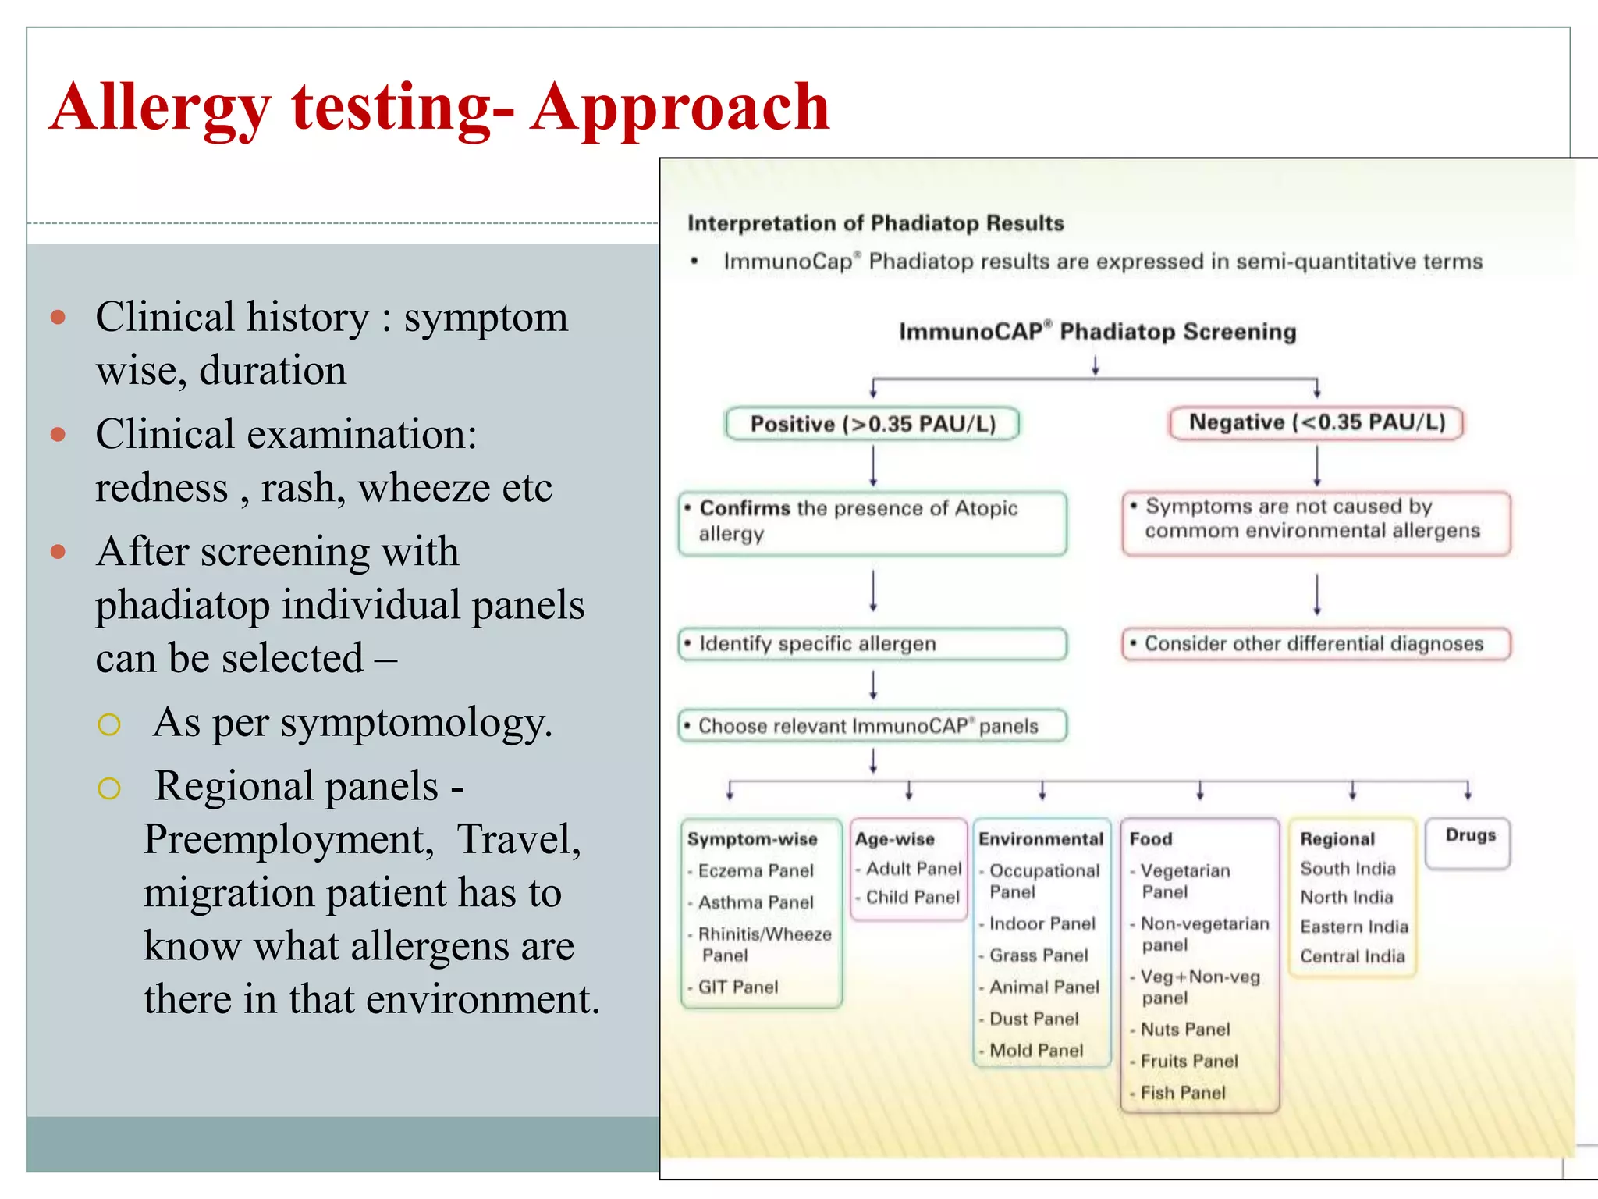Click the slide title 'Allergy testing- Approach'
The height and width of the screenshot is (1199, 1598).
(439, 107)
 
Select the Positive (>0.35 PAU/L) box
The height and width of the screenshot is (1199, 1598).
(872, 424)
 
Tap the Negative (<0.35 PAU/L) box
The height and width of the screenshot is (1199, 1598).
(1316, 423)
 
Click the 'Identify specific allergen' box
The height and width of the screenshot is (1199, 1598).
(872, 644)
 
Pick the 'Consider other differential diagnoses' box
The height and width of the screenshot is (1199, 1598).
(1316, 644)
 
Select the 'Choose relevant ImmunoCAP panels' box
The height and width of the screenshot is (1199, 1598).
(872, 726)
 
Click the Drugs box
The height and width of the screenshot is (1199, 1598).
(1468, 841)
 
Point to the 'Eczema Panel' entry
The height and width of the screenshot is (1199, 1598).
(755, 871)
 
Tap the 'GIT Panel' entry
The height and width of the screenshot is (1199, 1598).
(737, 987)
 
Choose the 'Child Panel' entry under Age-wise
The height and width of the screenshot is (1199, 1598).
(912, 898)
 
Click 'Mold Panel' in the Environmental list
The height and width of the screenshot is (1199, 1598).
(1035, 1051)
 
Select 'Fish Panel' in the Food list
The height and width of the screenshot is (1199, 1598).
(1182, 1093)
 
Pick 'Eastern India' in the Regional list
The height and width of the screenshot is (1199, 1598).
(1354, 927)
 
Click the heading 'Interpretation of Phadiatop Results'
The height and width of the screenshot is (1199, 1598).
(875, 224)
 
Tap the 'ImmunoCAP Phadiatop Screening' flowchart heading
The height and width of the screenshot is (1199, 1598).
(1097, 332)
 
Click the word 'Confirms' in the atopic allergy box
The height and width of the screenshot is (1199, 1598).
(744, 508)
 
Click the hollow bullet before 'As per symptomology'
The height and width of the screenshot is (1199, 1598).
(109, 725)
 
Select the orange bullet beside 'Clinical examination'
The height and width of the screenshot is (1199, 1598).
(58, 434)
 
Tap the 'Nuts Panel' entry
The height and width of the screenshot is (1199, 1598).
(1184, 1030)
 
